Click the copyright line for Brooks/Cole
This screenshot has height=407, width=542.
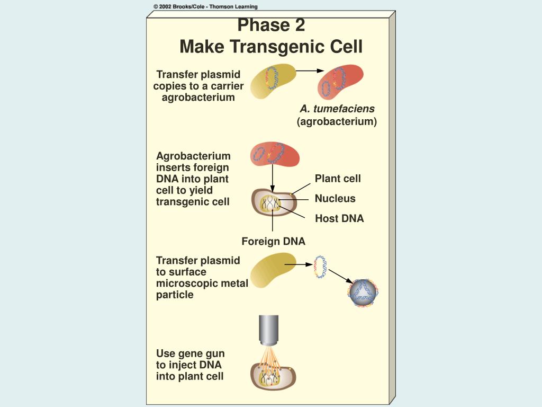point(205,6)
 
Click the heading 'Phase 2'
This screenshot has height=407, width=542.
point(272,25)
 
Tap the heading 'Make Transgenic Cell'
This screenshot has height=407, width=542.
point(271,47)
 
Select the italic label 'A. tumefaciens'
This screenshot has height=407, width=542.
point(337,109)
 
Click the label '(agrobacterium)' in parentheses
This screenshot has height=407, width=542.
point(337,121)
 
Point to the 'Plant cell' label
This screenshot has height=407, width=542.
point(338,179)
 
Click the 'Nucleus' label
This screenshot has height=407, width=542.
point(335,198)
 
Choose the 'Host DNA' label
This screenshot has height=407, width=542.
point(339,218)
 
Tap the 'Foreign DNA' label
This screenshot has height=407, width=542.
point(273,241)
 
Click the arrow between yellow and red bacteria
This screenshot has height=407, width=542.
point(310,71)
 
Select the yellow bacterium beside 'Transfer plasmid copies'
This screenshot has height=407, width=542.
point(273,81)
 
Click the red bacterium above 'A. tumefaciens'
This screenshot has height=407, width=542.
point(340,82)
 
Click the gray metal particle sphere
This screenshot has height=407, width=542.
point(363,293)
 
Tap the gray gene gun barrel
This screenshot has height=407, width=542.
point(268,330)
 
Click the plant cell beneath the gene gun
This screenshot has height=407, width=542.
point(273,377)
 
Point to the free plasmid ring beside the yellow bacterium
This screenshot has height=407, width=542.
point(320,267)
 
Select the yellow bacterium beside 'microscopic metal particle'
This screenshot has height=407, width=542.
point(273,270)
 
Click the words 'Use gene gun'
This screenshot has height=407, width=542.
point(190,353)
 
